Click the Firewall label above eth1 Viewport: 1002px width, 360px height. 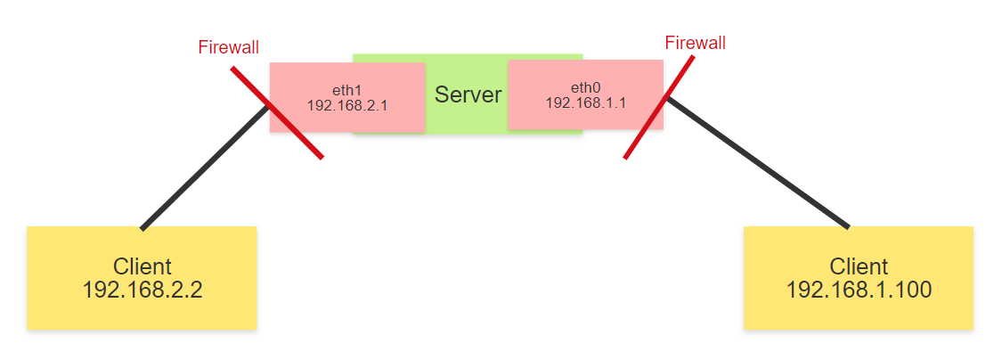(228, 47)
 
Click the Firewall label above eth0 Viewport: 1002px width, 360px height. (695, 42)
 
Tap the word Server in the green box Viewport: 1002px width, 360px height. (468, 94)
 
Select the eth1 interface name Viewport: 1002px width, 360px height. (346, 90)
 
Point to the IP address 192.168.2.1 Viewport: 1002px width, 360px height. (346, 105)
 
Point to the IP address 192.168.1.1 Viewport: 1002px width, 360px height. (585, 102)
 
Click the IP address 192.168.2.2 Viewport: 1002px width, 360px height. (142, 290)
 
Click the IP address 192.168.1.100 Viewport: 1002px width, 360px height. (858, 290)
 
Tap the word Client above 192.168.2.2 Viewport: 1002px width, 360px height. (142, 266)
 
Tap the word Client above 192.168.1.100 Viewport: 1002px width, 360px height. (859, 266)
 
